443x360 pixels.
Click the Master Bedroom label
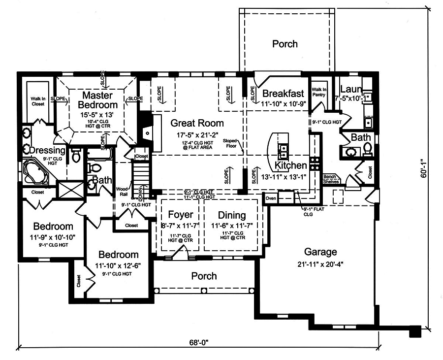coord(99,99)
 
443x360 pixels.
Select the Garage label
coord(320,251)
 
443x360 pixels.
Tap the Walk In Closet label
coord(38,101)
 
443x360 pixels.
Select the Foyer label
coord(180,215)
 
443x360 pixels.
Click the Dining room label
coord(231,215)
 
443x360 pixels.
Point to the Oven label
coord(271,198)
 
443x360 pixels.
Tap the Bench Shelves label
coord(330,179)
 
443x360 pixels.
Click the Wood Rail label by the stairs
coord(122,192)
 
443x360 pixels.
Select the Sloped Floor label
coord(230,143)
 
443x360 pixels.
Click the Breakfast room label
coord(283,94)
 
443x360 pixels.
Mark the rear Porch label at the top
coord(285,44)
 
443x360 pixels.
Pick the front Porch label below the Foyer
coord(204,276)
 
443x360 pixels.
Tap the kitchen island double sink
coord(284,150)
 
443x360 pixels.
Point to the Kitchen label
coord(290,165)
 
